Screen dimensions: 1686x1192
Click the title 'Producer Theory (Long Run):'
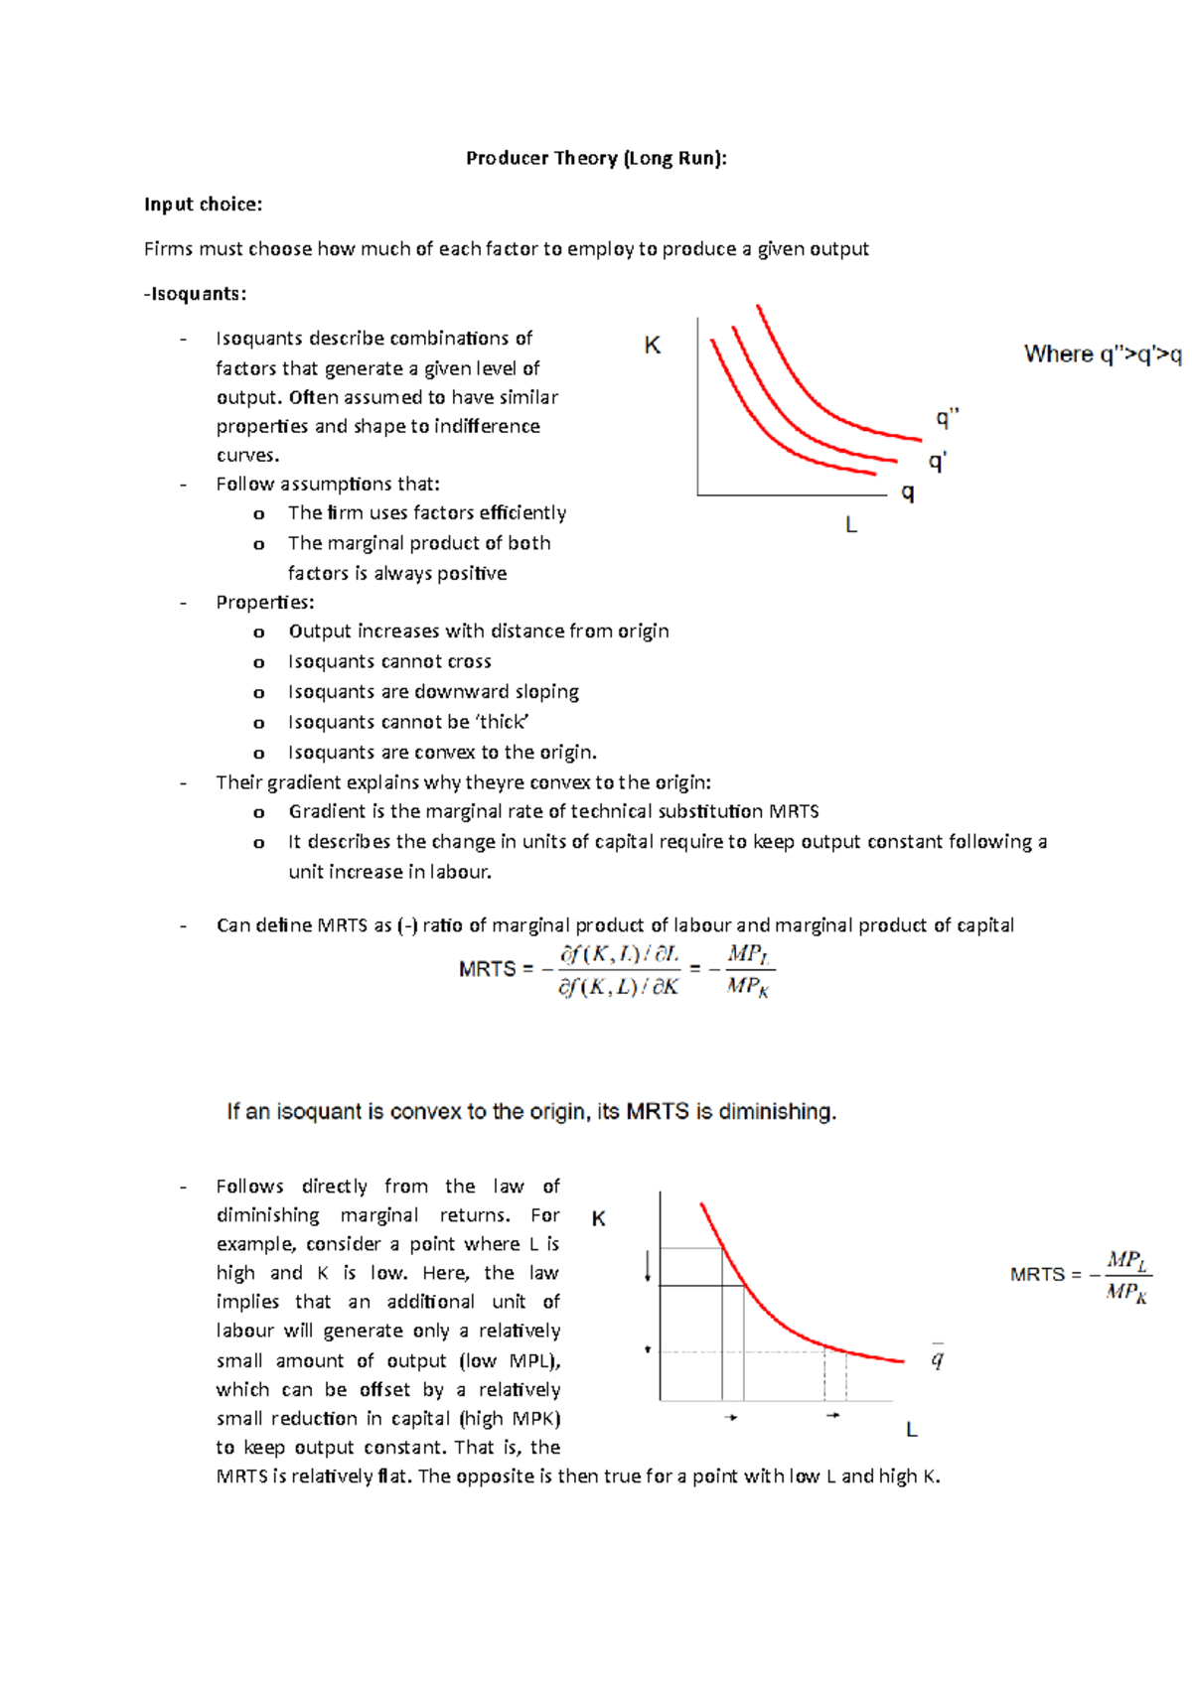[x=596, y=158]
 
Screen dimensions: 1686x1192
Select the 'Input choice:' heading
[x=203, y=205]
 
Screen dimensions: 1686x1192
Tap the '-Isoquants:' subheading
[x=195, y=294]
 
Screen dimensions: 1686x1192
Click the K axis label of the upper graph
[x=652, y=346]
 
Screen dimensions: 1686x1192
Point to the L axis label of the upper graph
[x=851, y=525]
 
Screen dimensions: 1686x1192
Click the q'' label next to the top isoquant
[x=947, y=418]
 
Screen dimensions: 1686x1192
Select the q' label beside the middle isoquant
[x=937, y=462]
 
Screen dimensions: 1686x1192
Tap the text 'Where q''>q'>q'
[x=1103, y=354]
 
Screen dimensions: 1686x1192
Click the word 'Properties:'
[x=265, y=603]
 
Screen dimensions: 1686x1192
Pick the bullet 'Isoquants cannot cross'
[x=389, y=662]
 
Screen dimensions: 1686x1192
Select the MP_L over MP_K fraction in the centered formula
[x=748, y=970]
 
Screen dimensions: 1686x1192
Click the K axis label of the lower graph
[x=598, y=1219]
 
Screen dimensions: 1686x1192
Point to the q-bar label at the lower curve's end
[x=937, y=1357]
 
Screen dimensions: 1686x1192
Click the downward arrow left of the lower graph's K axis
[x=648, y=1266]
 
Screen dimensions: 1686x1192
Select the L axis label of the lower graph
[x=911, y=1431]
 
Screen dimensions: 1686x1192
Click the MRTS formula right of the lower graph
[x=1081, y=1276]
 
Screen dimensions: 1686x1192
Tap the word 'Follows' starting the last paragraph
[x=249, y=1187]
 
